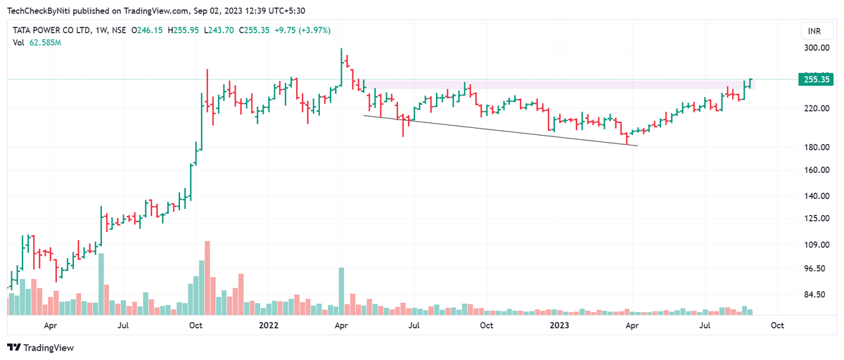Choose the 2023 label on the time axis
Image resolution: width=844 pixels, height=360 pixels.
click(x=559, y=326)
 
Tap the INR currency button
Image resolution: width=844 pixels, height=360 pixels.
click(x=814, y=32)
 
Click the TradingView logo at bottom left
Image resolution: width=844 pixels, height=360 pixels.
click(x=40, y=347)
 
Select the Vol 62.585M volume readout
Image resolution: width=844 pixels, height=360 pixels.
click(x=37, y=43)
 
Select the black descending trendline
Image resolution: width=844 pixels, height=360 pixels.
click(x=499, y=131)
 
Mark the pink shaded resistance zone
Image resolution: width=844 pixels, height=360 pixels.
click(x=549, y=84)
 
